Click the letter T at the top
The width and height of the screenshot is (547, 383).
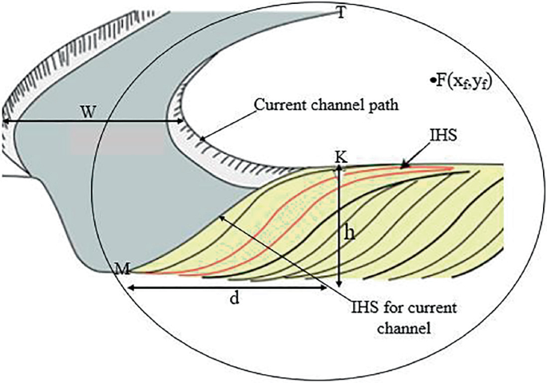[341, 14]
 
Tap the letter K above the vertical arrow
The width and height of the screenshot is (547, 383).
[341, 157]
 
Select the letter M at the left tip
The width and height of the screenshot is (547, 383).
[122, 268]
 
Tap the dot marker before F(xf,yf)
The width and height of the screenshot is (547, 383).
[431, 79]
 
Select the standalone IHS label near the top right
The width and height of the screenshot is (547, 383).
[442, 137]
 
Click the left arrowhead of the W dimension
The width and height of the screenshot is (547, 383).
[6, 121]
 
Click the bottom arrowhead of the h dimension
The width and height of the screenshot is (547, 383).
[340, 286]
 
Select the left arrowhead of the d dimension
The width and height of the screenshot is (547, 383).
[131, 286]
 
